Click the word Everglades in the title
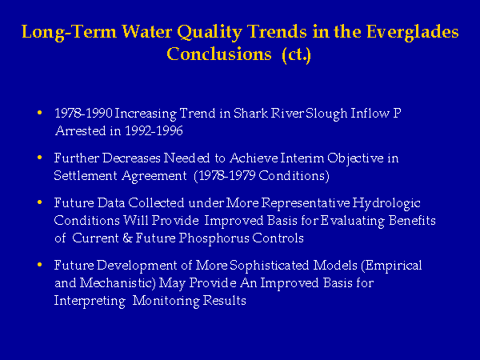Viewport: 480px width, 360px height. [412, 32]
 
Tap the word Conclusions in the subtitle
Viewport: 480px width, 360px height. [219, 54]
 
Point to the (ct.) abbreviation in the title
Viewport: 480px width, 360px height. [296, 54]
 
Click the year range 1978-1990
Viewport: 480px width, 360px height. [83, 114]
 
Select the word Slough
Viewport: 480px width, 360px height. [326, 114]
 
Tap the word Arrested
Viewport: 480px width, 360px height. [81, 131]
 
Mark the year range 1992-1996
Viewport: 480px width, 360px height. [154, 131]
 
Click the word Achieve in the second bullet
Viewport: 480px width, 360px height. [254, 158]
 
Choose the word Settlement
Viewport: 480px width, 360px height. [86, 176]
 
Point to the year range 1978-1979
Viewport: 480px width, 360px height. [226, 176]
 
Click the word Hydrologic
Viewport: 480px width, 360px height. [386, 203]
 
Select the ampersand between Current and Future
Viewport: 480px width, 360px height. [127, 238]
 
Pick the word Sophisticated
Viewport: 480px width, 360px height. [270, 266]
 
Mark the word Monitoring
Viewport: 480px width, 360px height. [166, 302]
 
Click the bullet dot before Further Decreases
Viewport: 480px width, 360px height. [39, 158]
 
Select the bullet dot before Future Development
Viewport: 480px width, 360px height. [39, 265]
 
